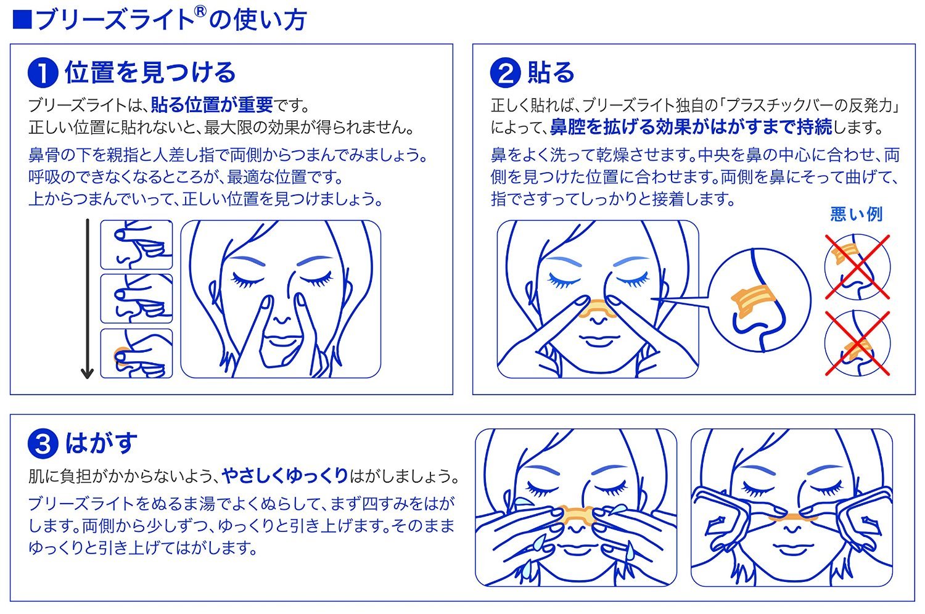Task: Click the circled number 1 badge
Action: [x=43, y=73]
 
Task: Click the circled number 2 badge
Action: [x=505, y=73]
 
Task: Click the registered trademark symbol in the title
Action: [x=201, y=13]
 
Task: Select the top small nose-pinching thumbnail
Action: [x=136, y=245]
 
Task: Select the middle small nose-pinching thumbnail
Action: [x=136, y=299]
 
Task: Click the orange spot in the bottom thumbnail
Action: [x=120, y=357]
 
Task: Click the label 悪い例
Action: [x=857, y=215]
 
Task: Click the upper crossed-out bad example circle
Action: [x=857, y=266]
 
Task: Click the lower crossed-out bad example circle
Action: [x=857, y=343]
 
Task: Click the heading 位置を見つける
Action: [x=150, y=73]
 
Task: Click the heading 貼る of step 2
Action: [x=551, y=73]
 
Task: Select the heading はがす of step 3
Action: [x=101, y=443]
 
